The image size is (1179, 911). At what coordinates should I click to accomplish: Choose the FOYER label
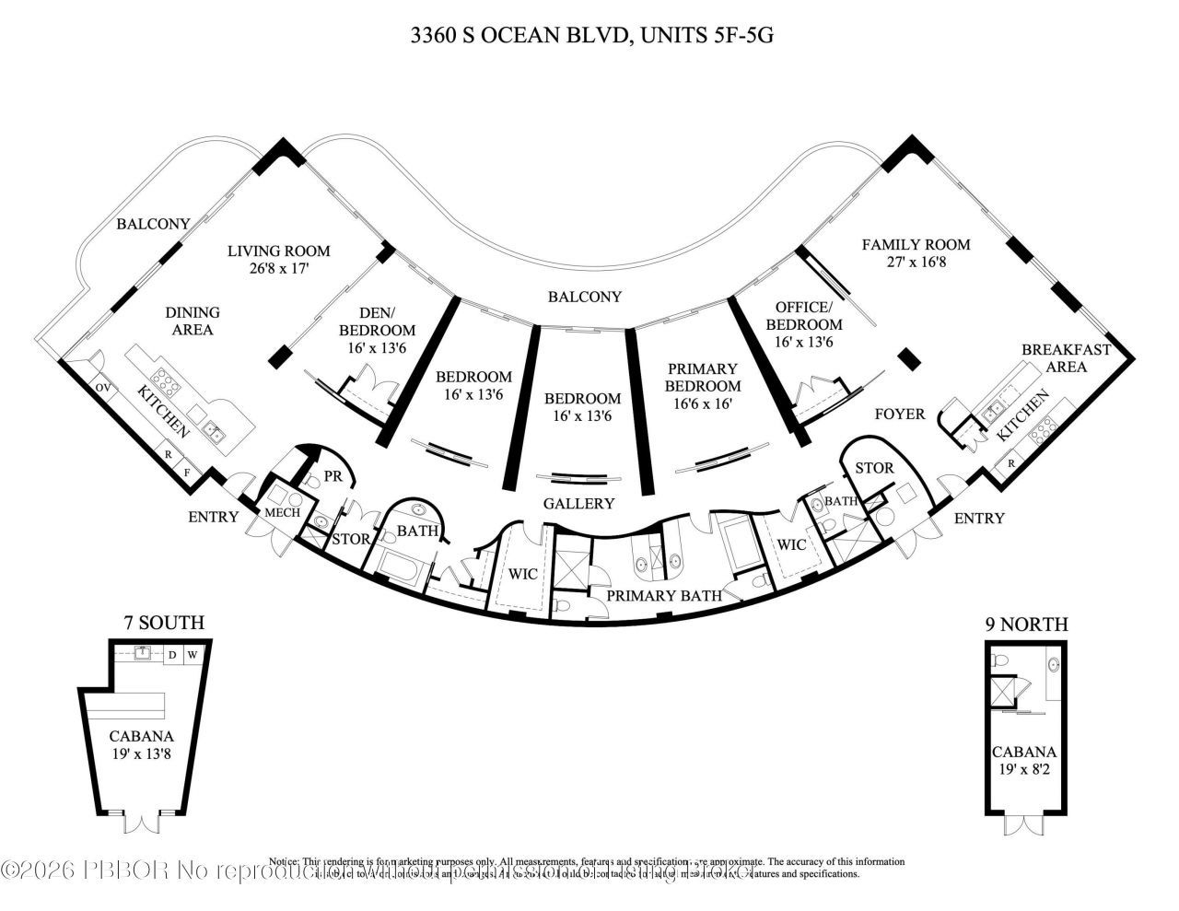click(899, 415)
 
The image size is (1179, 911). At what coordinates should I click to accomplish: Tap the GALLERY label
click(578, 504)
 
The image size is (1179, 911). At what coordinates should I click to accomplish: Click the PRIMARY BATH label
click(662, 596)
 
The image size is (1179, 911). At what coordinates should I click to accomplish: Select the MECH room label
click(282, 512)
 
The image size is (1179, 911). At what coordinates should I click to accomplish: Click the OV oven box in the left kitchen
click(102, 388)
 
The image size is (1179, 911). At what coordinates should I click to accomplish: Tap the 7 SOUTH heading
click(164, 624)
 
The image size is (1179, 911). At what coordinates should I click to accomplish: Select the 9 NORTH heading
click(1026, 625)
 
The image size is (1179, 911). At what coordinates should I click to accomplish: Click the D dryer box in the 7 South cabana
click(172, 656)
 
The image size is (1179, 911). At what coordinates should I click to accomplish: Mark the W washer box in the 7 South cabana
click(193, 656)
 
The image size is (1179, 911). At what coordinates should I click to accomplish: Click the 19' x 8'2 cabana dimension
click(1023, 769)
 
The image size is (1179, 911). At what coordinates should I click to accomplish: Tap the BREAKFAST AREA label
click(1066, 357)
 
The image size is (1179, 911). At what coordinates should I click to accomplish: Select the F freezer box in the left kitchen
click(187, 473)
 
